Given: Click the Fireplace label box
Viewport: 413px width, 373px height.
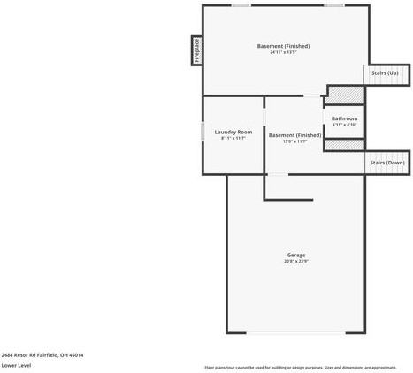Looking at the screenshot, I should tap(196, 50).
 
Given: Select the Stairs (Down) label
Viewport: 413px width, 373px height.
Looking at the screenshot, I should tap(386, 163).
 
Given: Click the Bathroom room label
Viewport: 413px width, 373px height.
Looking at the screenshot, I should tap(344, 118).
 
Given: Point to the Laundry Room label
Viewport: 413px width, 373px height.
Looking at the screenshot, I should tap(233, 132).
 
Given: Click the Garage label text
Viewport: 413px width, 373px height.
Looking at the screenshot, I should tap(295, 255).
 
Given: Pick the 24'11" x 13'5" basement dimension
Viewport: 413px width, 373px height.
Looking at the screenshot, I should tap(283, 52).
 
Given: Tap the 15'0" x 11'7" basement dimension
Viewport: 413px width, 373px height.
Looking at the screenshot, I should tap(294, 141).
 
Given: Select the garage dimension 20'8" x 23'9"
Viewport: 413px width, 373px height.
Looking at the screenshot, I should tap(295, 261).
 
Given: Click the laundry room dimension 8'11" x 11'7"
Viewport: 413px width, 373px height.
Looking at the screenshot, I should tap(233, 138).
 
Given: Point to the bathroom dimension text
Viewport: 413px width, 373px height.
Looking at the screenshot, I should tap(344, 125).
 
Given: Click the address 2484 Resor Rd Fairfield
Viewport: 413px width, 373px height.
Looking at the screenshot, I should tap(42, 354).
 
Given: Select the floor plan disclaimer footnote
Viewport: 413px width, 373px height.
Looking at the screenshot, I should tap(301, 367).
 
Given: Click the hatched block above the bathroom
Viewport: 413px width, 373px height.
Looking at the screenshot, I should tap(346, 91).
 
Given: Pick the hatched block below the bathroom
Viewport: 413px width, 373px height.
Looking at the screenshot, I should tap(345, 145).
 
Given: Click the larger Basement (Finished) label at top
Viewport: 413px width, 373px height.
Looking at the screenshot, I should tap(283, 46).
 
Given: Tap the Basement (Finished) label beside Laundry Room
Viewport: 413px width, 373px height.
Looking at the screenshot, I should tap(294, 135).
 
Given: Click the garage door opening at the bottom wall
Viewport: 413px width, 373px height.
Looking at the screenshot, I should tap(295, 332).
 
